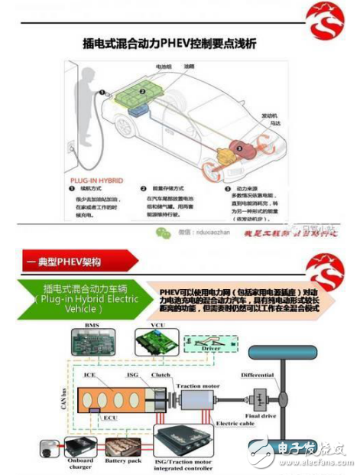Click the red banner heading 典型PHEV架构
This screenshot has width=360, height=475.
pos(68,262)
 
